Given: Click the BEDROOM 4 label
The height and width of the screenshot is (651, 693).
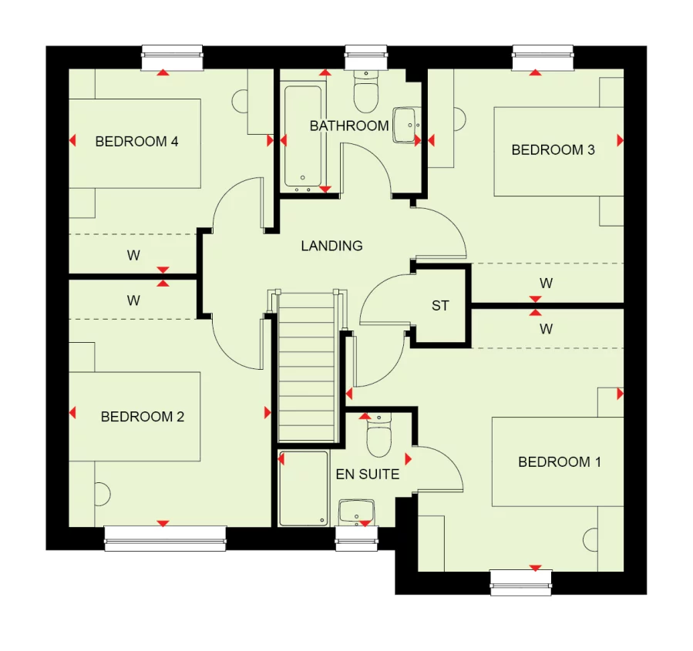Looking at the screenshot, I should (136, 142).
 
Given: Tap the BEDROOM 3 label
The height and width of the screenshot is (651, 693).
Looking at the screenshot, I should (553, 150).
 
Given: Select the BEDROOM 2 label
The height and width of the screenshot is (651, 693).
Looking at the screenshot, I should (142, 417).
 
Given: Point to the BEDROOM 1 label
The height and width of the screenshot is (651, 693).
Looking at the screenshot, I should (559, 462).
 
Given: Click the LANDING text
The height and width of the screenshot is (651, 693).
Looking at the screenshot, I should (331, 247).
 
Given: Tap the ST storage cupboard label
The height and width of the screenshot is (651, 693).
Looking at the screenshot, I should (440, 306).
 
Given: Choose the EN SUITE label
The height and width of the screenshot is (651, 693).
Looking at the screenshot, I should (368, 475).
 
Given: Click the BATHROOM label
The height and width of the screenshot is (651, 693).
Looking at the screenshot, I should (349, 126).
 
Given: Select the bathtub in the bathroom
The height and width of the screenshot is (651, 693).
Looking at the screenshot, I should (302, 137).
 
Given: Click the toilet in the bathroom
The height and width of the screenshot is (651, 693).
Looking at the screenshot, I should (365, 93).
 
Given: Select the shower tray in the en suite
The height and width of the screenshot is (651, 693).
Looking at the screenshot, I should (303, 488).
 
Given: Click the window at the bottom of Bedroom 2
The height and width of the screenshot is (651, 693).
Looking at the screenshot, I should (165, 538).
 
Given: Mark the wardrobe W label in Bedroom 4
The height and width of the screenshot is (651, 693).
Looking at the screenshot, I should (133, 256).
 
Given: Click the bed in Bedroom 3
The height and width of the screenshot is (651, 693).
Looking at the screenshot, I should (557, 152).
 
